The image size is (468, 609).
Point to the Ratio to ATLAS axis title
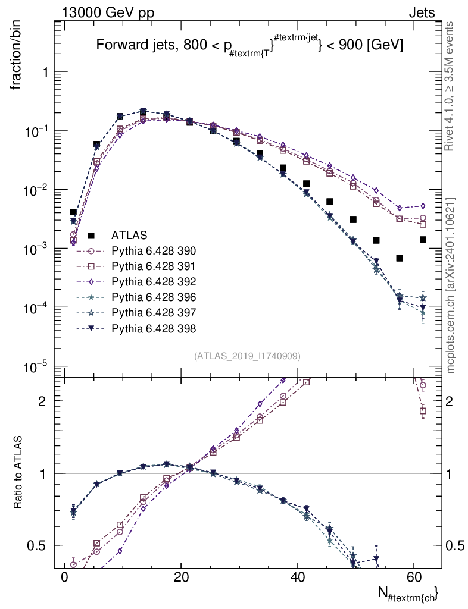pos(17,472)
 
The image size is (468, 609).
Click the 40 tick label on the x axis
pos(297,577)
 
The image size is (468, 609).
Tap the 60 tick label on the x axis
pos(414,577)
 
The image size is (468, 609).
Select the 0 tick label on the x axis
pos(64,577)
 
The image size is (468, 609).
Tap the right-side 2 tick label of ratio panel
pos(450,401)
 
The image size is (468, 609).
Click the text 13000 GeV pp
pos(108,13)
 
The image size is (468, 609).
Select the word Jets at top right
pos(422,13)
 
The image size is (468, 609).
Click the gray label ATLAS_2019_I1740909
pos(247,356)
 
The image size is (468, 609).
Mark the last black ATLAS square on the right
pos(423,240)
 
